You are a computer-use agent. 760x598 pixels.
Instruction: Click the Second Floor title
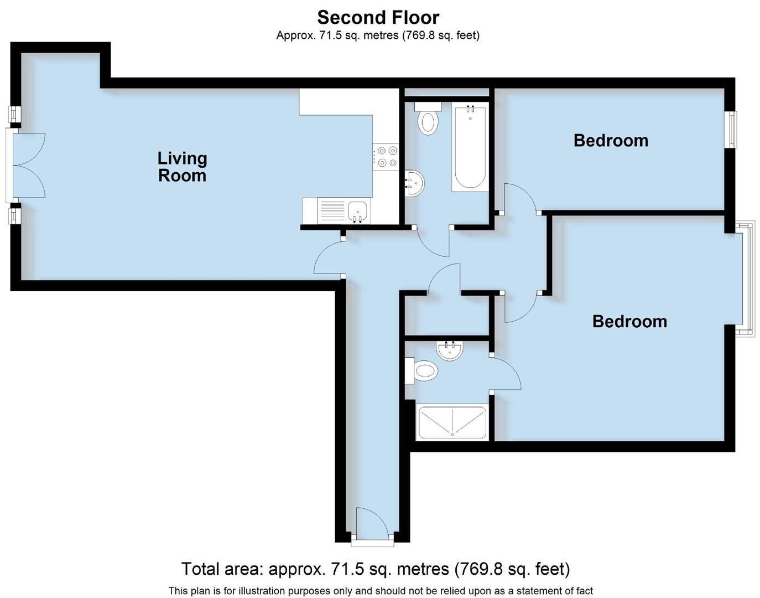pos(378,17)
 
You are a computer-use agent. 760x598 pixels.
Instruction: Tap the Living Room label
pos(182,167)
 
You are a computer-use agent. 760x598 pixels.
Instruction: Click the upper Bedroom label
pos(611,141)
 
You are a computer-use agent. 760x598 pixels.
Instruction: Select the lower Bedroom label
pos(629,322)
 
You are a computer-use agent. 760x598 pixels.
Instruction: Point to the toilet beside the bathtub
pos(428,119)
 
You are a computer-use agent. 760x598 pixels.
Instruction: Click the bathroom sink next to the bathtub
pos(415,183)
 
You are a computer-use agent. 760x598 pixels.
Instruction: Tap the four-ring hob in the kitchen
pos(386,156)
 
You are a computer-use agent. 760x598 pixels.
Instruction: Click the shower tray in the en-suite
pos(452,422)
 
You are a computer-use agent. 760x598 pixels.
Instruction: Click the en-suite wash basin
pos(449,350)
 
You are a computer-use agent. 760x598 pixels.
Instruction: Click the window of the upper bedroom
pos(732,129)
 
